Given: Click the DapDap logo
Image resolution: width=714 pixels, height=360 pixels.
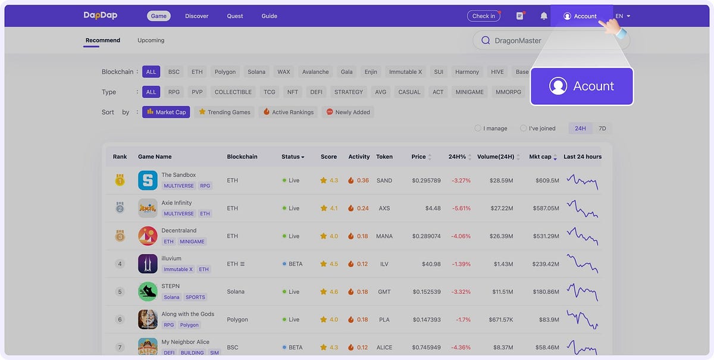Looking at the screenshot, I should tap(100, 16).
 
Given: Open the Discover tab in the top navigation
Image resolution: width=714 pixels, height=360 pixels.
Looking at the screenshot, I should tap(196, 16).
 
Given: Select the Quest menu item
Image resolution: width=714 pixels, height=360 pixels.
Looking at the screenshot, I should tap(235, 16).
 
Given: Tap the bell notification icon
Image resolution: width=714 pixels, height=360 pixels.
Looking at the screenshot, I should tap(544, 16).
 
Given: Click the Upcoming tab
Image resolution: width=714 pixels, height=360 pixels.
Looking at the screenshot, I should tap(151, 40).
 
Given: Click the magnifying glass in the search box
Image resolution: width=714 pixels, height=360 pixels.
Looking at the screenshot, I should tap(485, 40).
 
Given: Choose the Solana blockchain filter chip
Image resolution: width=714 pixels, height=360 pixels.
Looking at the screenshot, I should tap(256, 72).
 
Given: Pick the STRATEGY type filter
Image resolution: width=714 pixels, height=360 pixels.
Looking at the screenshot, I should tap(349, 92).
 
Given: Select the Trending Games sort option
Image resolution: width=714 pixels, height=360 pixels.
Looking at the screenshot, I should tap(225, 112).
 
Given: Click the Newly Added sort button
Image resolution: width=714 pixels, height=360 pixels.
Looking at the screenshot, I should tap(348, 112).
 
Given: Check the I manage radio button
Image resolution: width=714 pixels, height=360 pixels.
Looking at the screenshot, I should tap(478, 128).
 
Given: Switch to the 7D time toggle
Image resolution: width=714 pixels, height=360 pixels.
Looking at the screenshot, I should tap(602, 128).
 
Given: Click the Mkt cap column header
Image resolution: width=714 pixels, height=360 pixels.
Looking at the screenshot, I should tap(540, 156).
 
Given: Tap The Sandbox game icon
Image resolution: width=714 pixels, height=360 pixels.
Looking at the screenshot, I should tap(148, 180).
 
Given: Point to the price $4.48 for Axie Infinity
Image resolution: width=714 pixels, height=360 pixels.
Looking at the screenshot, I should tap(433, 208).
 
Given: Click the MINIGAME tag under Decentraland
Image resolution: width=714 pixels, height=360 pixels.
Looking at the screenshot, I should tap(192, 242).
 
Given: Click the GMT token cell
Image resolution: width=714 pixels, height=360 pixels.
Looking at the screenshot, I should tap(384, 292).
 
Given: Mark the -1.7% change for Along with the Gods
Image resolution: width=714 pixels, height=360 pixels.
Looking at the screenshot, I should tap(463, 320).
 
